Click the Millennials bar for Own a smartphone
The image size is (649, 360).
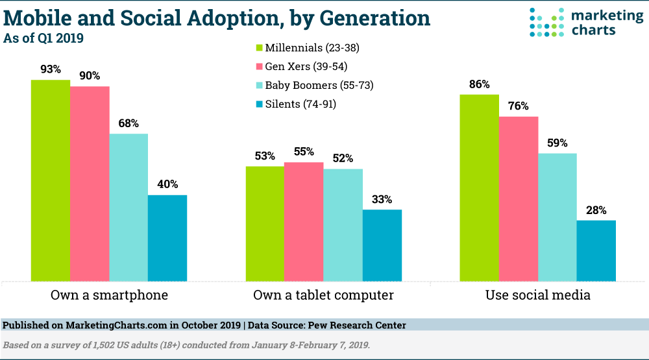coord(51,181)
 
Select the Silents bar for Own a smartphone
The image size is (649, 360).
coord(167,238)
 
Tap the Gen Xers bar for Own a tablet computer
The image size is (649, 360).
coord(304,222)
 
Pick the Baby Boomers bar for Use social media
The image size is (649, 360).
coord(557,217)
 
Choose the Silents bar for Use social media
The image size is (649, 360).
coord(596,251)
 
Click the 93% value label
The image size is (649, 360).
coord(51,69)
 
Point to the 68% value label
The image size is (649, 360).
coord(129,123)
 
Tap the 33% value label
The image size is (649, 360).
coord(382,199)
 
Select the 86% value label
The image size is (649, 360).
coord(479,84)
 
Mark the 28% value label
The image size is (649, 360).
coord(596,210)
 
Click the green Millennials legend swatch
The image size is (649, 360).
coord(258,47)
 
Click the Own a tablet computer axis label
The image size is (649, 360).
coord(323,296)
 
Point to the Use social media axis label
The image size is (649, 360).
coord(538,296)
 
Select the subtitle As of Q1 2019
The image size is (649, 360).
coord(43,38)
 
